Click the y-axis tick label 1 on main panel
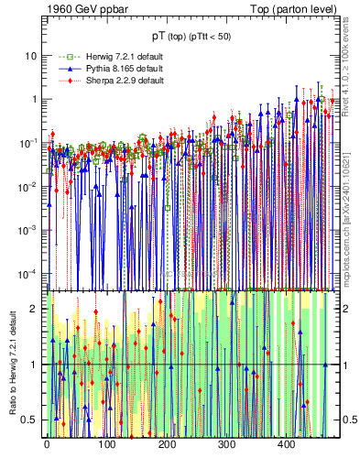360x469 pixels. pyautogui.click(x=35, y=99)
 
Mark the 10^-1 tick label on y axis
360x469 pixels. pyautogui.click(x=30, y=142)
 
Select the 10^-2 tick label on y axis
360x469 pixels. pyautogui.click(x=30, y=186)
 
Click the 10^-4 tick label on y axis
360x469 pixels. pyautogui.click(x=30, y=273)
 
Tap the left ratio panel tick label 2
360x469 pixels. pyautogui.click(x=35, y=310)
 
